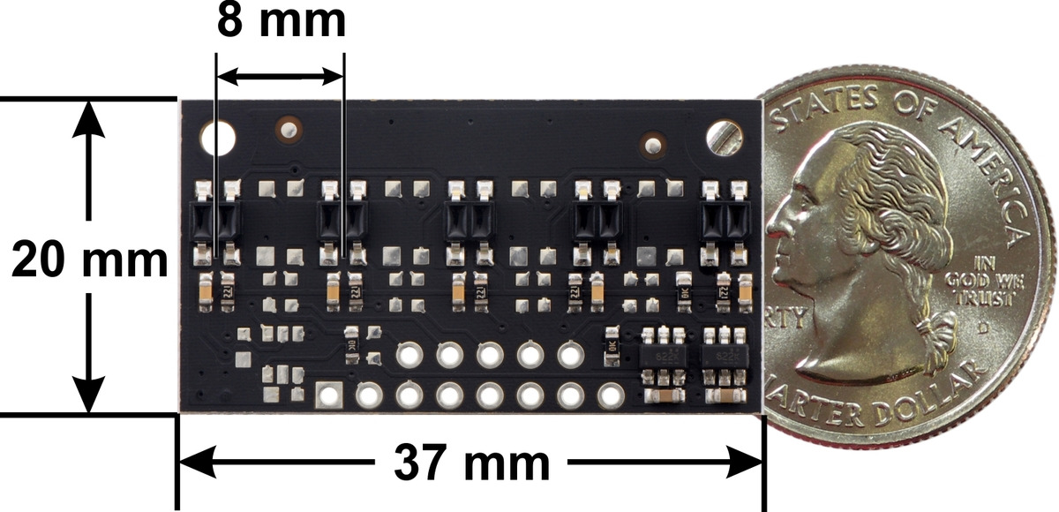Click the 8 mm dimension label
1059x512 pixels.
(x=281, y=22)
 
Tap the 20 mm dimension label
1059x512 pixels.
(x=88, y=260)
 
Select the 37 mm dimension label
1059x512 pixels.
(x=471, y=463)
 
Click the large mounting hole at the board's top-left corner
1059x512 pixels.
(x=219, y=138)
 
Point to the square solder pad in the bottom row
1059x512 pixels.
(x=329, y=395)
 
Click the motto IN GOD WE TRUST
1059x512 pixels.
(x=991, y=282)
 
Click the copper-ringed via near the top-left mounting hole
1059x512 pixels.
(x=288, y=129)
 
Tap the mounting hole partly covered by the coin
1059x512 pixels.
(x=725, y=136)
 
